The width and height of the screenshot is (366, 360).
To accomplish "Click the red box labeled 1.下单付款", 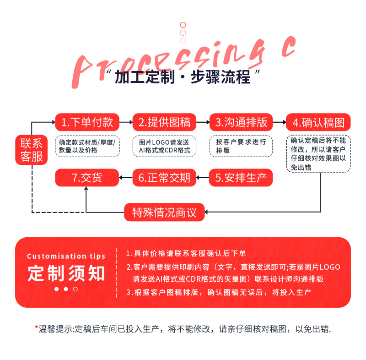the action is pyautogui.click(x=87, y=122).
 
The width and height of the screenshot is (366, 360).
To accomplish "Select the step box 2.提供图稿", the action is pyautogui.click(x=164, y=122).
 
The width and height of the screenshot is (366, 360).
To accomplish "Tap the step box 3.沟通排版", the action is pyautogui.click(x=241, y=122).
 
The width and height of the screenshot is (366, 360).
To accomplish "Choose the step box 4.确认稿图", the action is pyautogui.click(x=318, y=122).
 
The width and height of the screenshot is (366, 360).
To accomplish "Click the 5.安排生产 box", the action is pyautogui.click(x=241, y=178).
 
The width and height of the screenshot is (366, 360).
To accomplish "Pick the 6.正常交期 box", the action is pyautogui.click(x=164, y=178).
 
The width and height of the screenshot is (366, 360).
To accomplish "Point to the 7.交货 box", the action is pyautogui.click(x=87, y=178).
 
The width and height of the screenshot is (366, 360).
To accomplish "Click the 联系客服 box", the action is pyautogui.click(x=32, y=149).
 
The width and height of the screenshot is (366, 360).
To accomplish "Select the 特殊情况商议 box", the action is pyautogui.click(x=164, y=213).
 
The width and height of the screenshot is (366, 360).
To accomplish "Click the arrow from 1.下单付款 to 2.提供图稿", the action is pyautogui.click(x=125, y=122).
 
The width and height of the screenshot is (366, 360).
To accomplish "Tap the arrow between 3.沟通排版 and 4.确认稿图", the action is pyautogui.click(x=280, y=122).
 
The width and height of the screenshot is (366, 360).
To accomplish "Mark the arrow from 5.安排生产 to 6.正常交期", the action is pyautogui.click(x=203, y=178).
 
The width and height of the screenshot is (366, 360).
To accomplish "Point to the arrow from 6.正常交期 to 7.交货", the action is pyautogui.click(x=125, y=178).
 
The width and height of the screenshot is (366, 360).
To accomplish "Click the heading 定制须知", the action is pyautogui.click(x=66, y=273).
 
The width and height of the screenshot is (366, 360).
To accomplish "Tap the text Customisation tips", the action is pyautogui.click(x=66, y=256).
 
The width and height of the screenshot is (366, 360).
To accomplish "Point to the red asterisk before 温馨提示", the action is pyautogui.click(x=37, y=327).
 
